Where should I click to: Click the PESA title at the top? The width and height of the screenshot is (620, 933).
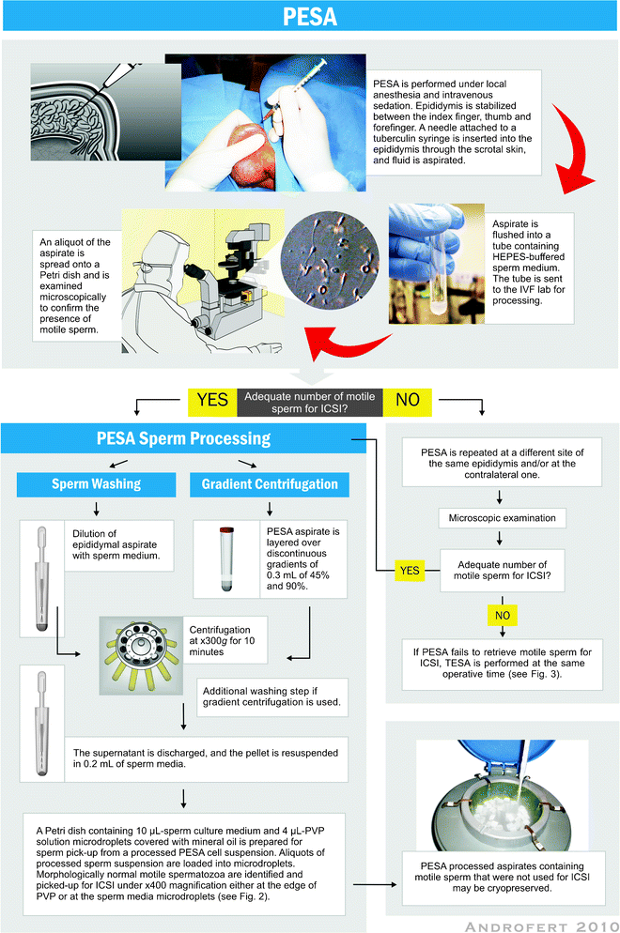tap(310, 19)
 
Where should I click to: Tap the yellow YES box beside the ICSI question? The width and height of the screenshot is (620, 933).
tap(212, 398)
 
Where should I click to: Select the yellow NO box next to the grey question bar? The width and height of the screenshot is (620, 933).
tap(408, 398)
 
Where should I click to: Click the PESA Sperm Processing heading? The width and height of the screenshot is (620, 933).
tap(184, 438)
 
